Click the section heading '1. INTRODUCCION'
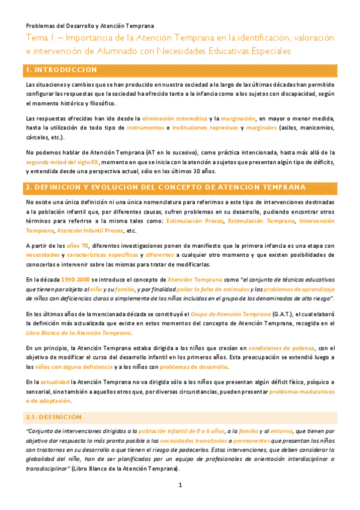tap(62, 70)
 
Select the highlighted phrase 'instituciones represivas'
tap(205, 128)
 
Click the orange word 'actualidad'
tap(53, 382)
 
